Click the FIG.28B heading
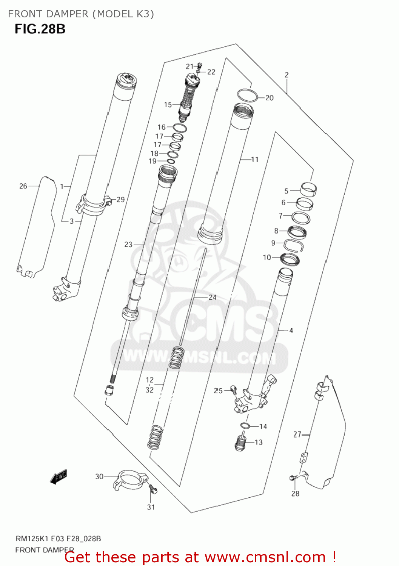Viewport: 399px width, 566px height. (40, 29)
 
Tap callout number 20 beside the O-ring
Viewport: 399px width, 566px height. (269, 98)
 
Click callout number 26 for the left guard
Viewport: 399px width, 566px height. (23, 186)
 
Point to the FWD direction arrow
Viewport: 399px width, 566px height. (59, 477)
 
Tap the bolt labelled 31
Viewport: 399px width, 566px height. (153, 489)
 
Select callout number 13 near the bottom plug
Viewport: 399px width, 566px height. (259, 442)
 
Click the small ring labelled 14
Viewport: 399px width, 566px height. (245, 426)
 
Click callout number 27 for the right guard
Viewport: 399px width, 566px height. (297, 434)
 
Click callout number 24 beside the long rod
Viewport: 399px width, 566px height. (212, 297)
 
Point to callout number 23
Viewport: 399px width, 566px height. (128, 245)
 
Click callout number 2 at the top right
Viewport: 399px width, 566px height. (287, 75)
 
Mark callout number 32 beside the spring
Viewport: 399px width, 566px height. (149, 390)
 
